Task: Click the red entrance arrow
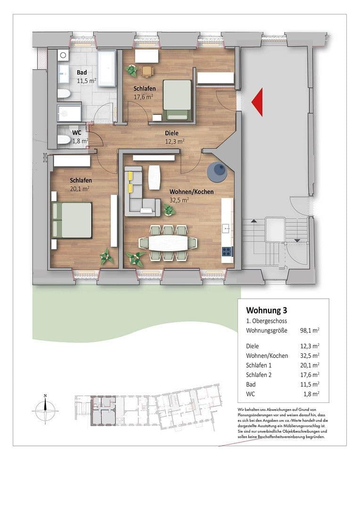258,102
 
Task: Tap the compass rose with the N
45,409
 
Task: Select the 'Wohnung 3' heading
266,311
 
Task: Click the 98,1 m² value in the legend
310,330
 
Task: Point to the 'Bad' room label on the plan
82,73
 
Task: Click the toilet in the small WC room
64,139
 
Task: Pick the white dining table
167,243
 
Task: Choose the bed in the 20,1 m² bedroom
72,220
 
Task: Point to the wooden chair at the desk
147,71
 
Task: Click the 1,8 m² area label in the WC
81,140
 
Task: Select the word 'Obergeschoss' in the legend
273,321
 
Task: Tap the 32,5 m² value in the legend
310,355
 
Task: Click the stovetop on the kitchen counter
228,251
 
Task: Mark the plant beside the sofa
169,211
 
